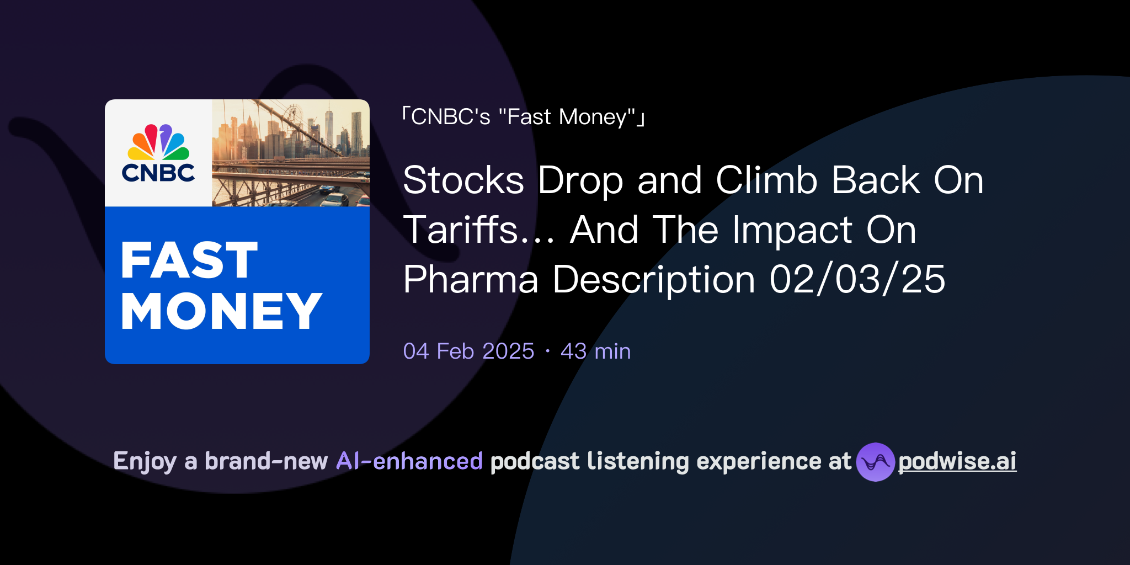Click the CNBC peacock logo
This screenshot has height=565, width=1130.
pyautogui.click(x=158, y=142)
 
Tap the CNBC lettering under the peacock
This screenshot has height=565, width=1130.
pyautogui.click(x=158, y=173)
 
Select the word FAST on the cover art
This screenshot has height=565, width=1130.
pyautogui.click(x=189, y=260)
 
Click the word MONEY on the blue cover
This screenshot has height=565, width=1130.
pyautogui.click(x=221, y=311)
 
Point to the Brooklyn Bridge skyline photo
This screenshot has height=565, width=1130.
pyautogui.click(x=291, y=153)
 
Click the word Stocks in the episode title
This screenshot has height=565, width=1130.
pyautogui.click(x=463, y=180)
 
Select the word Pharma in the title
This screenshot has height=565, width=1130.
pyautogui.click(x=471, y=279)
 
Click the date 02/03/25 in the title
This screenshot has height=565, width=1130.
pyautogui.click(x=857, y=279)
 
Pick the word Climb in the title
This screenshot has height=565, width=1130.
pyautogui.click(x=767, y=180)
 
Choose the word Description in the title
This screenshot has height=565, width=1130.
pyautogui.click(x=654, y=279)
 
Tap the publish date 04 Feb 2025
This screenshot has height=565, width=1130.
pyautogui.click(x=468, y=351)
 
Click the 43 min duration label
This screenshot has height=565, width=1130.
pyautogui.click(x=595, y=351)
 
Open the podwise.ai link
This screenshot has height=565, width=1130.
pyautogui.click(x=957, y=462)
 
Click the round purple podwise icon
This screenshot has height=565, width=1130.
pyautogui.click(x=875, y=462)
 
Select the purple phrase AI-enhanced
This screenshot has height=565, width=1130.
pyautogui.click(x=409, y=461)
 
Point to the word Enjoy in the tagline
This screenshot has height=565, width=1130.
pyautogui.click(x=145, y=461)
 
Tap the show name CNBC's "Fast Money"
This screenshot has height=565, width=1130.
pyautogui.click(x=524, y=117)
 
